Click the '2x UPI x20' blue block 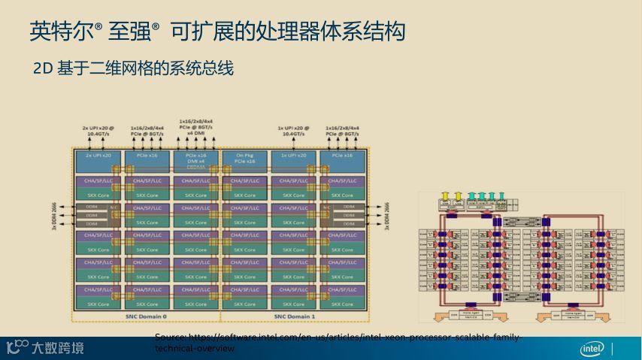98,155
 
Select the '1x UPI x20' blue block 294,155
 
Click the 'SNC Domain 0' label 146,316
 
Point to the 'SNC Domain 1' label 294,316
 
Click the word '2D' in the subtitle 41,69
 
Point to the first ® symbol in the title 98,27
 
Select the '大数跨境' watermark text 57,348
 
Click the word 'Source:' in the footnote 169,337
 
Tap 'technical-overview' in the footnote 194,349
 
